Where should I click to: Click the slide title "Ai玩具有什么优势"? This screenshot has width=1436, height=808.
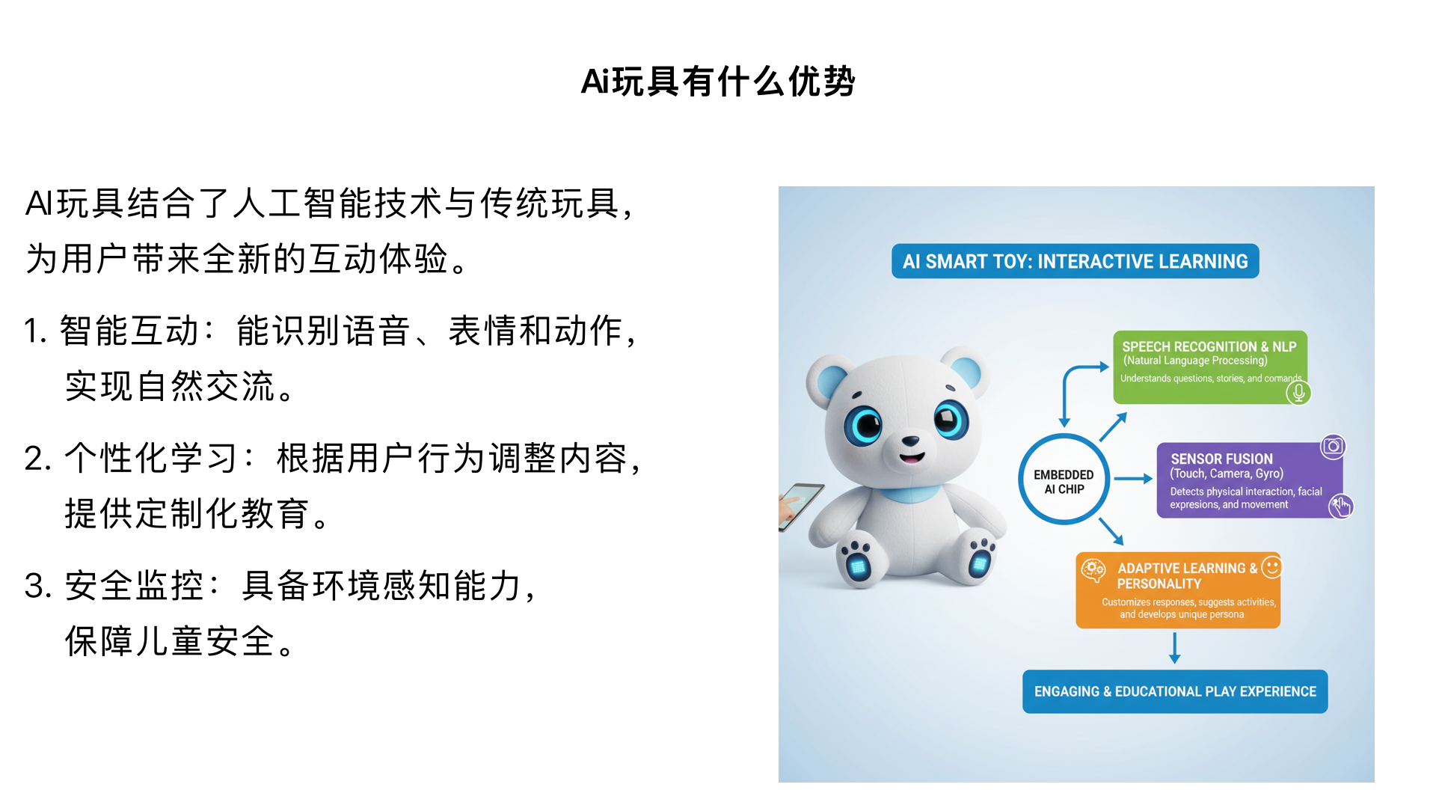pos(718,81)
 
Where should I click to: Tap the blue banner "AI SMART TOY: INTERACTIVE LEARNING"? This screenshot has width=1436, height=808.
pos(1075,261)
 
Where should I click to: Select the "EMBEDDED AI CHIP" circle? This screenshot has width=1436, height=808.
pos(1064,480)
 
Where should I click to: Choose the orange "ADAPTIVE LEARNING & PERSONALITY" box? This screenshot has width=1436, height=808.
pos(1178,590)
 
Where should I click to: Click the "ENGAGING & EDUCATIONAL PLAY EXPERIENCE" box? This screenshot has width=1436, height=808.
pos(1175,691)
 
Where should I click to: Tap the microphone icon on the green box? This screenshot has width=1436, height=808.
pos(1299,392)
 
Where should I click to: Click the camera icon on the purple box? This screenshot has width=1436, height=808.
pos(1333,447)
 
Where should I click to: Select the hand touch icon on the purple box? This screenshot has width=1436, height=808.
pos(1340,506)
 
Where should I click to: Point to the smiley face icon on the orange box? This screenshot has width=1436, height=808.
pos(1271,567)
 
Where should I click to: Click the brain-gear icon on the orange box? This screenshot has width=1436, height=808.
pos(1093,570)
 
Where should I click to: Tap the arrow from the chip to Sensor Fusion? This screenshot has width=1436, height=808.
pos(1133,479)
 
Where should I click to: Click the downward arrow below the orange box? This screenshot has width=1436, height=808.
pos(1175,648)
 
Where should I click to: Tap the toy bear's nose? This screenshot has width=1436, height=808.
pos(910,441)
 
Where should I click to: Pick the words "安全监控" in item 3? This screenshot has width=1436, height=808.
pos(134,585)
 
